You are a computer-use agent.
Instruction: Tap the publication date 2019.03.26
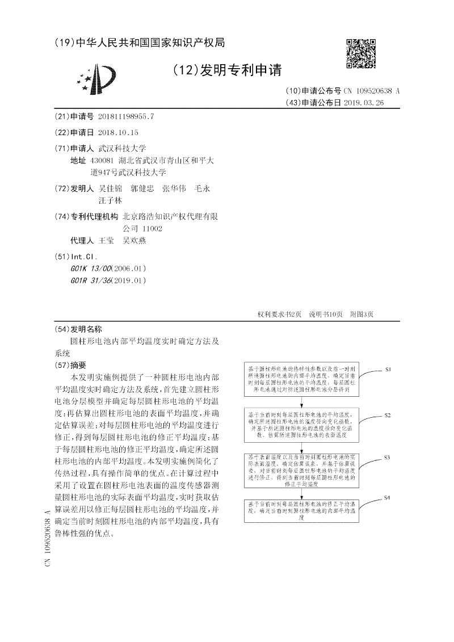coord(368,103)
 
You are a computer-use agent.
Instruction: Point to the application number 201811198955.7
coord(126,116)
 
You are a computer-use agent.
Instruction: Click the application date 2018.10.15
coord(118,132)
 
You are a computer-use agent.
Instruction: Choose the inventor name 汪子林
coord(110,200)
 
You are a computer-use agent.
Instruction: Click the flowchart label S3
coord(387,457)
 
